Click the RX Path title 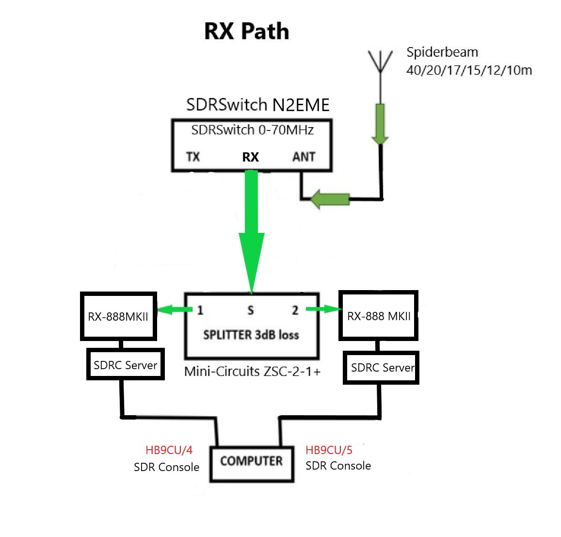(x=246, y=32)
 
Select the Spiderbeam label (x=442, y=52)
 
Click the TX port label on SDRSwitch (x=193, y=157)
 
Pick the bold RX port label (x=251, y=157)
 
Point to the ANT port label (x=304, y=157)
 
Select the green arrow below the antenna (x=380, y=124)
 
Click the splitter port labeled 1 (x=200, y=310)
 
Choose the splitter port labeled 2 (x=295, y=310)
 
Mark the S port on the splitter (x=250, y=310)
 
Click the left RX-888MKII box (x=118, y=316)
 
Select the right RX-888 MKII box (x=379, y=316)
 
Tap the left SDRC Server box (x=125, y=365)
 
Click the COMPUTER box (x=251, y=461)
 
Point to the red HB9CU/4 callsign (x=169, y=450)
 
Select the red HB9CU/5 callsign (x=329, y=450)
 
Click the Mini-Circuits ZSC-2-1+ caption (x=252, y=372)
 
